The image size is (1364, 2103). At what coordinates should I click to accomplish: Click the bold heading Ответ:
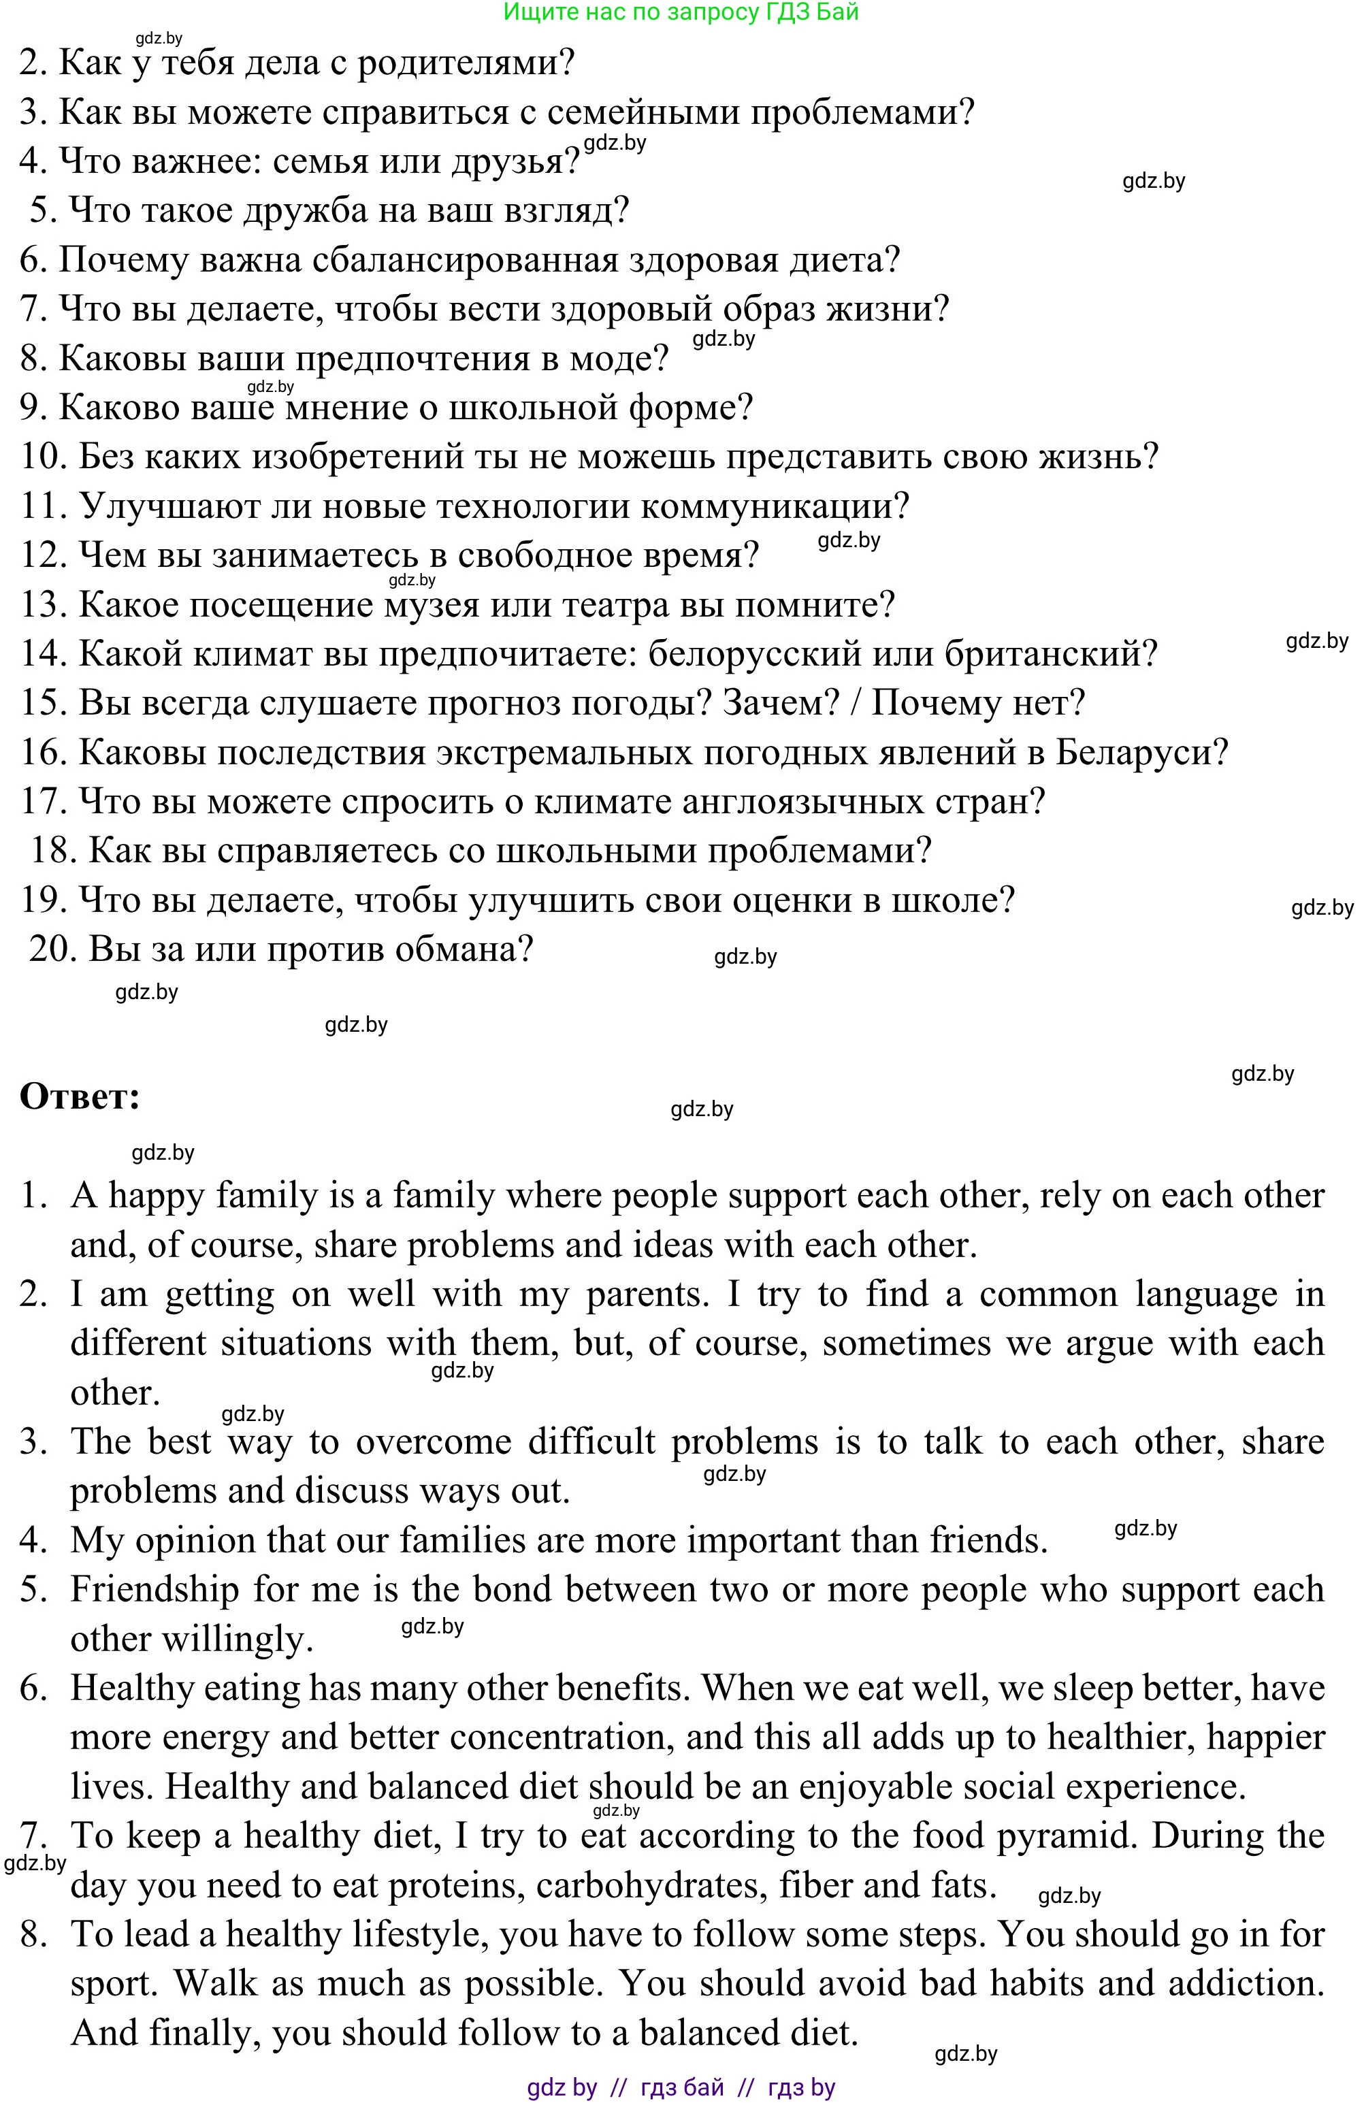click(x=80, y=1098)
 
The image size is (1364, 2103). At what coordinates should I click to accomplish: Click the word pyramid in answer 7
click(x=1065, y=1836)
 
